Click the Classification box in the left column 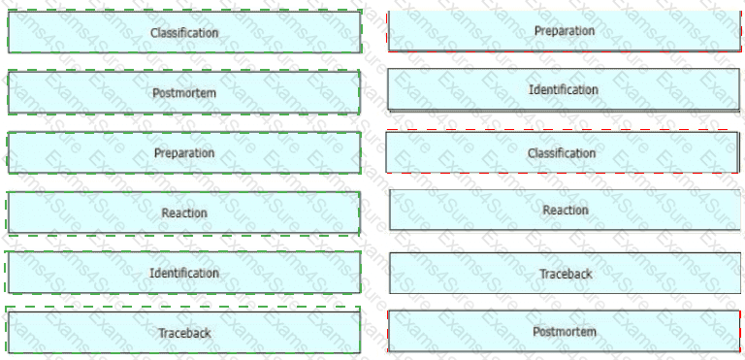184,32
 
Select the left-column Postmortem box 184,92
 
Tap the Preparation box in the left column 184,152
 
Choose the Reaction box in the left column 184,213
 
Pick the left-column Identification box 184,273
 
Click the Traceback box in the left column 184,333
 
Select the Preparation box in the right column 565,30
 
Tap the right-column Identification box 564,89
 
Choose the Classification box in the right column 562,152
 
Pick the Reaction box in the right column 565,210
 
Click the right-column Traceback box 565,273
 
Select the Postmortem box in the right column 565,331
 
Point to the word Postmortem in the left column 184,93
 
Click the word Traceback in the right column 566,274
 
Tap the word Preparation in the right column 565,31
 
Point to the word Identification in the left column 184,273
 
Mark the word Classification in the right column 562,153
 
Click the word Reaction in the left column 184,213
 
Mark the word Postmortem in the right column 565,332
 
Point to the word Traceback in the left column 184,333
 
